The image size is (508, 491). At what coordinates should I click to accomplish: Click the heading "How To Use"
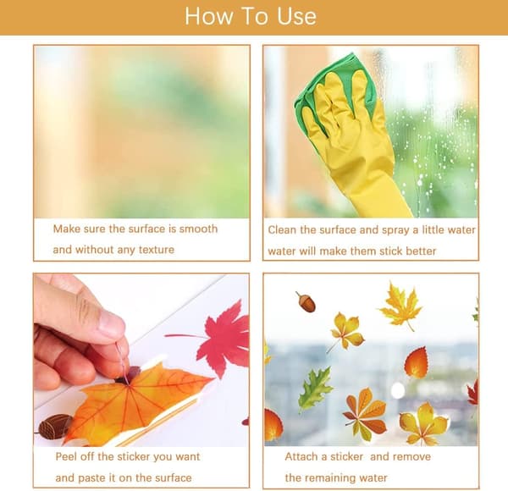[251, 16]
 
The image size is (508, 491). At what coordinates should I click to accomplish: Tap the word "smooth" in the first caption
[198, 229]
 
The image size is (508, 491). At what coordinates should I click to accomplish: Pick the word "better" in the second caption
[421, 251]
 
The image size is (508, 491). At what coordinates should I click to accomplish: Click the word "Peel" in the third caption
[66, 456]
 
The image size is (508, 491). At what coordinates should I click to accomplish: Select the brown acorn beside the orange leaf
[54, 426]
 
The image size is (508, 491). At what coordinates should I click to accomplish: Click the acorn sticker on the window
[306, 301]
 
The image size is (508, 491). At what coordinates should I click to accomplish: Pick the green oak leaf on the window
[315, 389]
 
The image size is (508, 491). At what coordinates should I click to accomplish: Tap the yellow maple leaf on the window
[401, 306]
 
